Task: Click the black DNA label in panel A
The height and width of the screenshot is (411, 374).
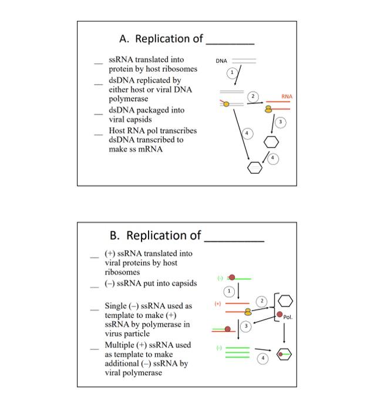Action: click(221, 60)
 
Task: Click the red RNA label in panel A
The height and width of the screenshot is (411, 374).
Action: click(287, 96)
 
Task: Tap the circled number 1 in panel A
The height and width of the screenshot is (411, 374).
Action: click(233, 72)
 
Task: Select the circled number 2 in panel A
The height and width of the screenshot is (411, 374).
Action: click(253, 96)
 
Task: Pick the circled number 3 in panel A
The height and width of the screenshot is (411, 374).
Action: click(281, 122)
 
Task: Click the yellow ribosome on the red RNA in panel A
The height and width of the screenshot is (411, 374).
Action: click(268, 109)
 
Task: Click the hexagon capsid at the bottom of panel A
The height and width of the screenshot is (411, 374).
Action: click(254, 168)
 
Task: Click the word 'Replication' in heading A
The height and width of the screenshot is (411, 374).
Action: click(163, 39)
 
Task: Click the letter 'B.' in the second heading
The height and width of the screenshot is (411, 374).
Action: click(115, 236)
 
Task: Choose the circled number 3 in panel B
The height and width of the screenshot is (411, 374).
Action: click(247, 325)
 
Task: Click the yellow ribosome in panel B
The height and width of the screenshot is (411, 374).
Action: click(248, 312)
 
